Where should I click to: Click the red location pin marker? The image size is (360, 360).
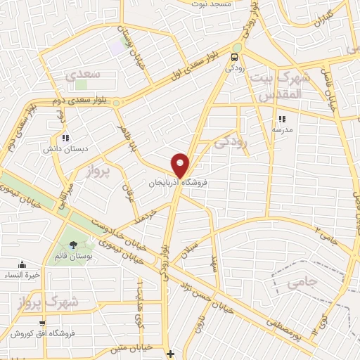[x=181, y=165]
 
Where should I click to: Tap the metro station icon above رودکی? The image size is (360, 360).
[x=235, y=58]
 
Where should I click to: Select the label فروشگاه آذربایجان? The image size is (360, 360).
[x=179, y=183]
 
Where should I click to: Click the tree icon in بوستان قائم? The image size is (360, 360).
[x=75, y=245]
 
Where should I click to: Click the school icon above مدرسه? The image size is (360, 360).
[x=282, y=120]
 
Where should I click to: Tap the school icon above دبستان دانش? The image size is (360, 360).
[x=65, y=138]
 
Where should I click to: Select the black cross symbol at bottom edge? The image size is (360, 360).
[x=170, y=353]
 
